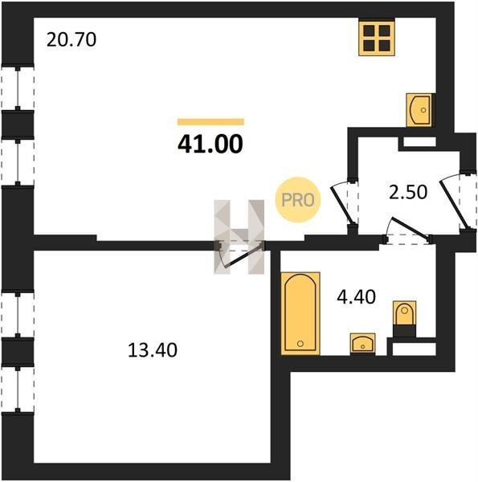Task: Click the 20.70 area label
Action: point(71,40)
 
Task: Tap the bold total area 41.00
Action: point(210,144)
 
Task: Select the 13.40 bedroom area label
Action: point(153,350)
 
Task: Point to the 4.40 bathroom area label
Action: point(356,297)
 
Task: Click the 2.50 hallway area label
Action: point(408,192)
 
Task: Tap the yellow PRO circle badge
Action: point(297,200)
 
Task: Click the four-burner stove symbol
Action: point(377,38)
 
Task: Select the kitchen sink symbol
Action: point(419,110)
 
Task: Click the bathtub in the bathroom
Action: point(300,313)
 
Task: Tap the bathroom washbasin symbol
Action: point(363,344)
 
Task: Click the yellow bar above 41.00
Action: point(210,122)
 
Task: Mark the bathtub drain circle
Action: point(300,343)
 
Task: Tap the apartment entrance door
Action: point(455,204)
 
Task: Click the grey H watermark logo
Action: point(239,237)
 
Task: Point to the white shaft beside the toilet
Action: point(415,349)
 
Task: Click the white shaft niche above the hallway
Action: point(419,141)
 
